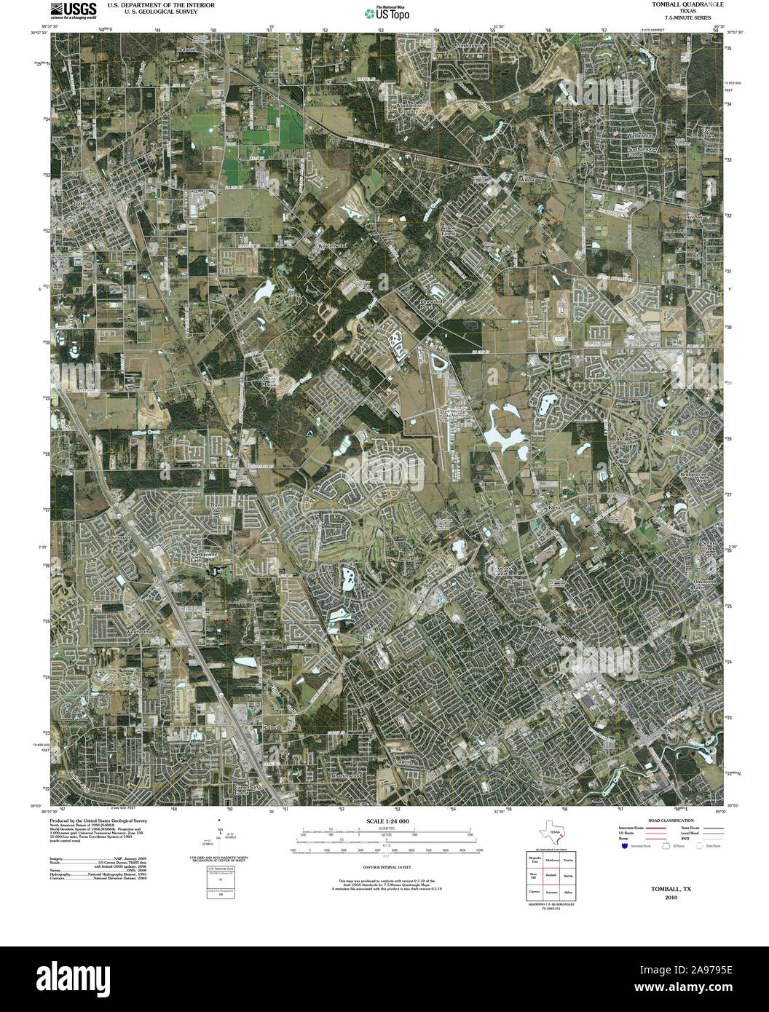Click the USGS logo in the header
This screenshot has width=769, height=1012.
74,9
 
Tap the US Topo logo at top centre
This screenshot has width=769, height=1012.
386,12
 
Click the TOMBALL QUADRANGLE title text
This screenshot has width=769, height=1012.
677,5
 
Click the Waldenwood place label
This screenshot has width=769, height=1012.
332,245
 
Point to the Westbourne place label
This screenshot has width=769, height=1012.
141,631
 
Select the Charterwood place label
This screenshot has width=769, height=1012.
346,776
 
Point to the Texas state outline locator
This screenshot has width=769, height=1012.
551,832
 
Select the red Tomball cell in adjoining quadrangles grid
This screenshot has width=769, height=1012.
551,875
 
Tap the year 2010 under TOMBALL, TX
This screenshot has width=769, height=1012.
671,898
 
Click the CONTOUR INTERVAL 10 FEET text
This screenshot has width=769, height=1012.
387,868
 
